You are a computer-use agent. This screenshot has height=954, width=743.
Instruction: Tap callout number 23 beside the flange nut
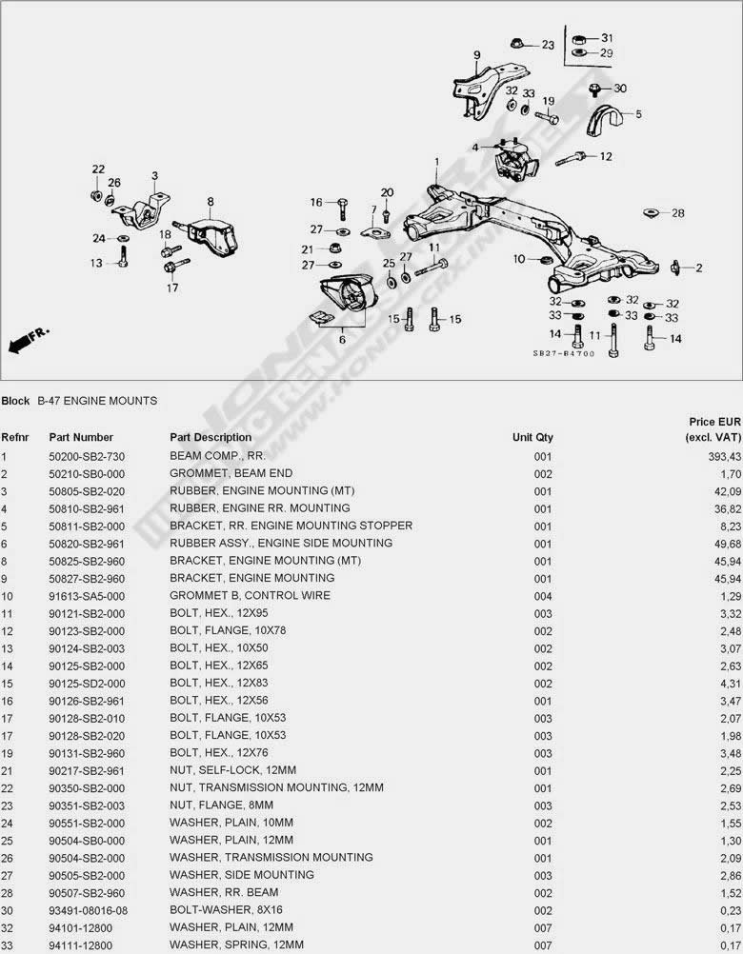pyautogui.click(x=547, y=45)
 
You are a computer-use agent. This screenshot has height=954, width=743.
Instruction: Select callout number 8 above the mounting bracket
pyautogui.click(x=210, y=201)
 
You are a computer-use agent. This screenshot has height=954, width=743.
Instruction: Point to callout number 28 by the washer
pyautogui.click(x=677, y=213)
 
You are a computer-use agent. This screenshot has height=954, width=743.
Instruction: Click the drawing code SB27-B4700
pyautogui.click(x=563, y=353)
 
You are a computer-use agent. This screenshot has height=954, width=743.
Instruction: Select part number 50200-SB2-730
pyautogui.click(x=87, y=456)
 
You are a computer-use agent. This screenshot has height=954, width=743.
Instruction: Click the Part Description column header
pyautogui.click(x=211, y=437)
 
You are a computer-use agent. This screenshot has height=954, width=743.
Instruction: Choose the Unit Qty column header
pyautogui.click(x=532, y=437)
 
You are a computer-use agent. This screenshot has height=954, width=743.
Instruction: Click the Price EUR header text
pyautogui.click(x=714, y=421)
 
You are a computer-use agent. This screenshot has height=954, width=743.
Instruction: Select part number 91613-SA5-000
pyautogui.click(x=87, y=595)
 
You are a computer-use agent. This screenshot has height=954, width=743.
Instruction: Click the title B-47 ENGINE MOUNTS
pyautogui.click(x=97, y=401)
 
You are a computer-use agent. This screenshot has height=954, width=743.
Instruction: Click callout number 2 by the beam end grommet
pyautogui.click(x=698, y=268)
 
